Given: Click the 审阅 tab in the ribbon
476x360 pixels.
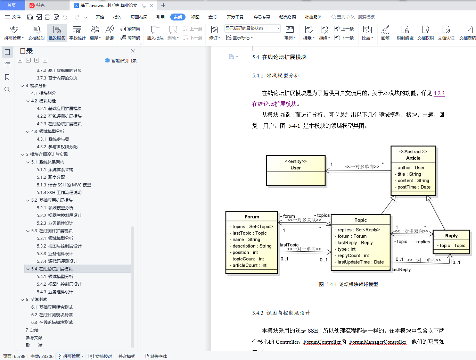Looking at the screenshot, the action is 178,17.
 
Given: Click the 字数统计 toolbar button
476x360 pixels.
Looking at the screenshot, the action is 77,33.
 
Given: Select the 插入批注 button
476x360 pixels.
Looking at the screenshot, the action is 155,33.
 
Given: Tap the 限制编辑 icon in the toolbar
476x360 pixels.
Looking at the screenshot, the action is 405,33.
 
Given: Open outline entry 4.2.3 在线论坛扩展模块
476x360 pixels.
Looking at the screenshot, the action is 59,124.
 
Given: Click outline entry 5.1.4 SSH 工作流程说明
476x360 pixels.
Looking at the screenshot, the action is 59,192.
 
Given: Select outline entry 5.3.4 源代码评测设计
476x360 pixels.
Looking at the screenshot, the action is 57,261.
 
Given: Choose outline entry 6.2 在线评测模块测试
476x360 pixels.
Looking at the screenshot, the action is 52,315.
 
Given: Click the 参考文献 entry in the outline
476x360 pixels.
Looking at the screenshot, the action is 34,338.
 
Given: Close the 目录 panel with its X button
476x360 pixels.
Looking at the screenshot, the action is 133,51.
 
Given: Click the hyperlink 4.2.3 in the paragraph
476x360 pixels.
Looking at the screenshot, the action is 439,93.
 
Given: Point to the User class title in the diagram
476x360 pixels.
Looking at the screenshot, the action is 296,168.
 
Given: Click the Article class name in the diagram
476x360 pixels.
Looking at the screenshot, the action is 413,158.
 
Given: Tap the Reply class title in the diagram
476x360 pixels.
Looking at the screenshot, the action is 451,236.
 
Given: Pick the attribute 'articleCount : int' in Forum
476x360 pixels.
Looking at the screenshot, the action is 248,265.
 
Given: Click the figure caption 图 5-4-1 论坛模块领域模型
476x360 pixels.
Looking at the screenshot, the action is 348,284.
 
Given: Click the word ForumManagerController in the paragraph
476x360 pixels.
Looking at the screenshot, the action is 378,342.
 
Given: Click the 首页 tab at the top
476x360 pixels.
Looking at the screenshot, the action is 11,5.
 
